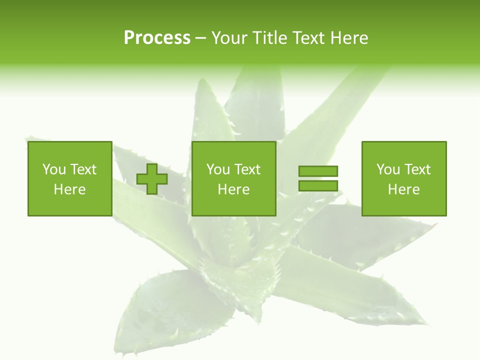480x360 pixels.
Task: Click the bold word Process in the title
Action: (157, 38)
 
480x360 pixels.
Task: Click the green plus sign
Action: (152, 179)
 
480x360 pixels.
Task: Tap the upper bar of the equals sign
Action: (318, 171)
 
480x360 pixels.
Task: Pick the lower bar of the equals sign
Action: (318, 185)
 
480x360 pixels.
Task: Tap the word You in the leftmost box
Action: (54, 169)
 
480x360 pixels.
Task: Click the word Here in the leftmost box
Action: (69, 189)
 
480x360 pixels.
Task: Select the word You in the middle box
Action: (218, 169)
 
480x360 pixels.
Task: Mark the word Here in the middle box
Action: (233, 189)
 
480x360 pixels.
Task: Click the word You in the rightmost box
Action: (388, 169)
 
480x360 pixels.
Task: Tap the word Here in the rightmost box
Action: (403, 189)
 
